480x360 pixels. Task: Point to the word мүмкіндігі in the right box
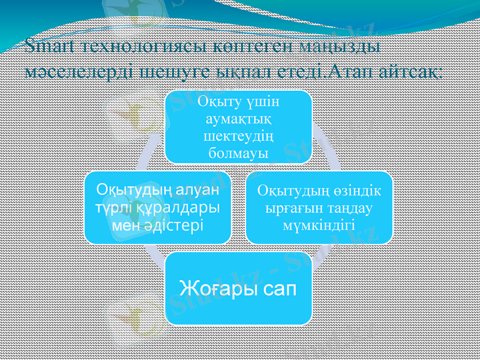(319, 225)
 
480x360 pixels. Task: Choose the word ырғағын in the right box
(288, 208)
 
